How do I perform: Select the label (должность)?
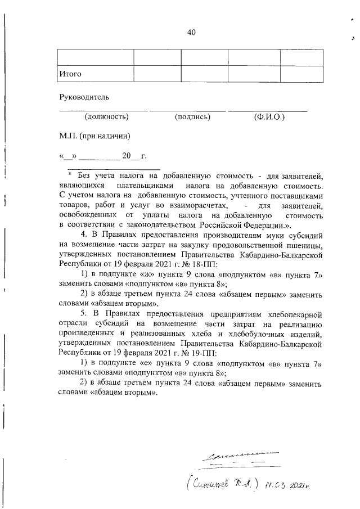coord(106,117)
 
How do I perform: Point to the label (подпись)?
coord(192,117)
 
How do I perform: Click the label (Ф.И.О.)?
coord(269,117)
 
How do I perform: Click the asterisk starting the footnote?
coord(63,175)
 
